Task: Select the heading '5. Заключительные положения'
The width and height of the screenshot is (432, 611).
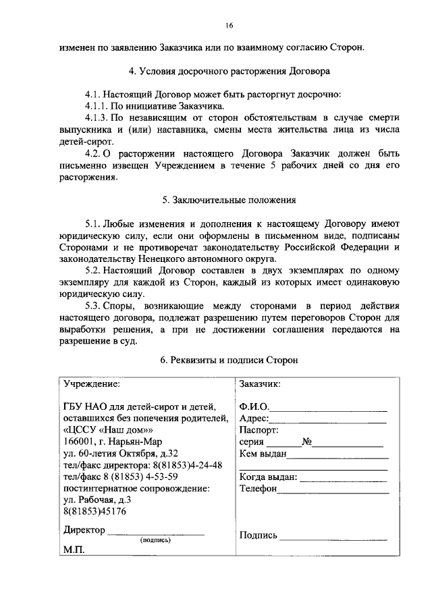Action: tap(229, 201)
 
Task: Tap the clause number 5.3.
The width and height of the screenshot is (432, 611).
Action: tap(95, 306)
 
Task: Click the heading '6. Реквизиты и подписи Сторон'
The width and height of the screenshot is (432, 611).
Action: tap(229, 361)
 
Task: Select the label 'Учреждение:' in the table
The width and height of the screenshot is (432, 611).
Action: tap(92, 383)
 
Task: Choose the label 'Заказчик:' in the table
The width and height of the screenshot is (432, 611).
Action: tap(260, 383)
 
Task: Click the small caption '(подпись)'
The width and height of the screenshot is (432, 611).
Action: tap(155, 540)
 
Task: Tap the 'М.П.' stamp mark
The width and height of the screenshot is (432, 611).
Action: tap(74, 551)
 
